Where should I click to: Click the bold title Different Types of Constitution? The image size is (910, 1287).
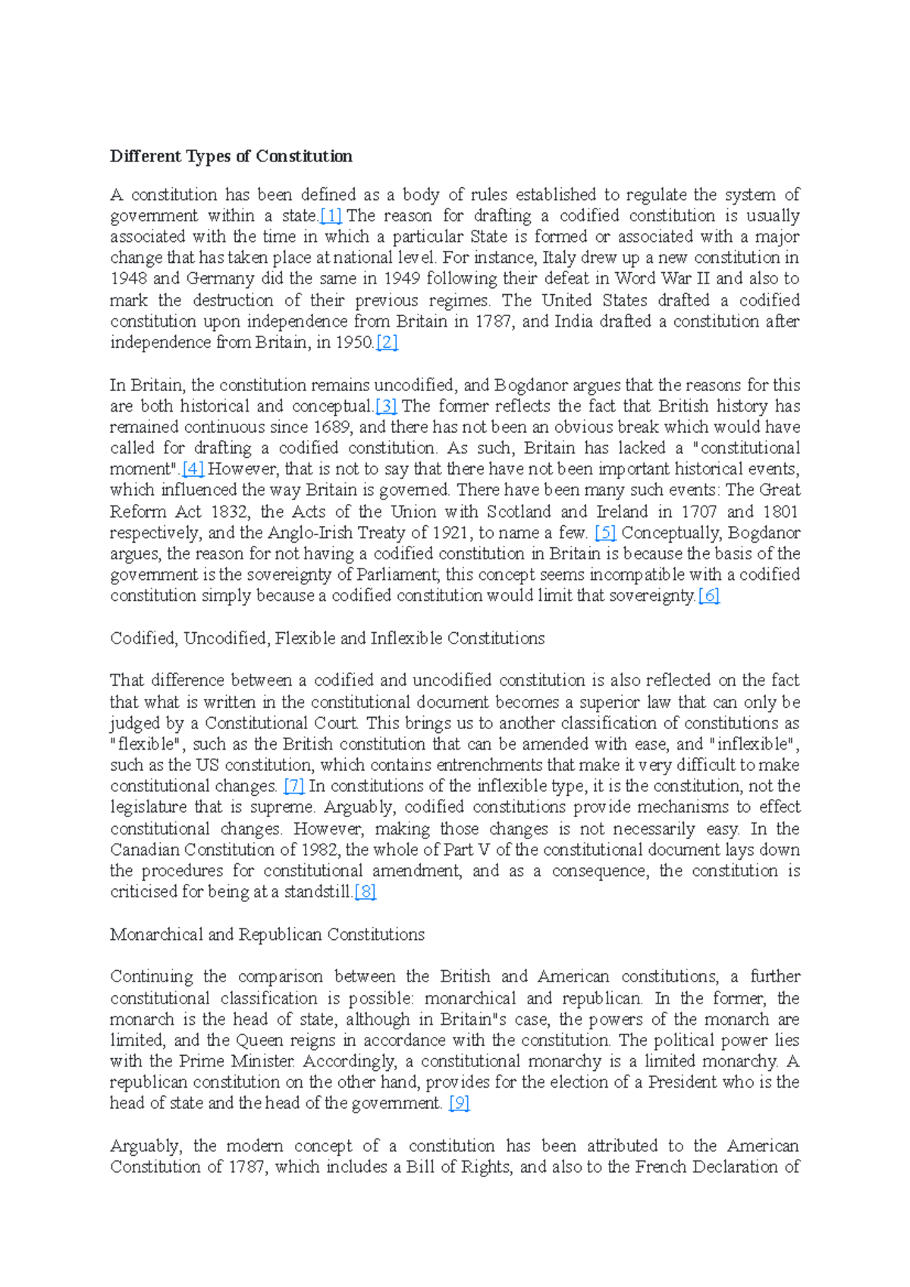point(231,156)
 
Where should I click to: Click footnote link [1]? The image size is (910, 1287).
point(331,216)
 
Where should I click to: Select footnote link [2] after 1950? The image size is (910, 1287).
point(387,343)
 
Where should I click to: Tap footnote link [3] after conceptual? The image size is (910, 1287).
point(386,406)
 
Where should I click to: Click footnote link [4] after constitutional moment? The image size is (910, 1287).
point(193,469)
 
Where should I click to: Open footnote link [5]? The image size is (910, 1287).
point(604,533)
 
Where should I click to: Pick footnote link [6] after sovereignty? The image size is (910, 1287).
point(708,596)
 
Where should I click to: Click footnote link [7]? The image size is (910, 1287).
point(293,786)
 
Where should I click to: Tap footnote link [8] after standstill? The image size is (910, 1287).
point(365,892)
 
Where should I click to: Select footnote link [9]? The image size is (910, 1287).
point(459,1104)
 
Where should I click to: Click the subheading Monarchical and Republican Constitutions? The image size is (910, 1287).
point(267,935)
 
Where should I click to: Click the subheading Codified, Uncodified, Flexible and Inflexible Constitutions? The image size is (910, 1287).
point(327,638)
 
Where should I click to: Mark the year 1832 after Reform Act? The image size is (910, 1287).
point(228,512)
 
